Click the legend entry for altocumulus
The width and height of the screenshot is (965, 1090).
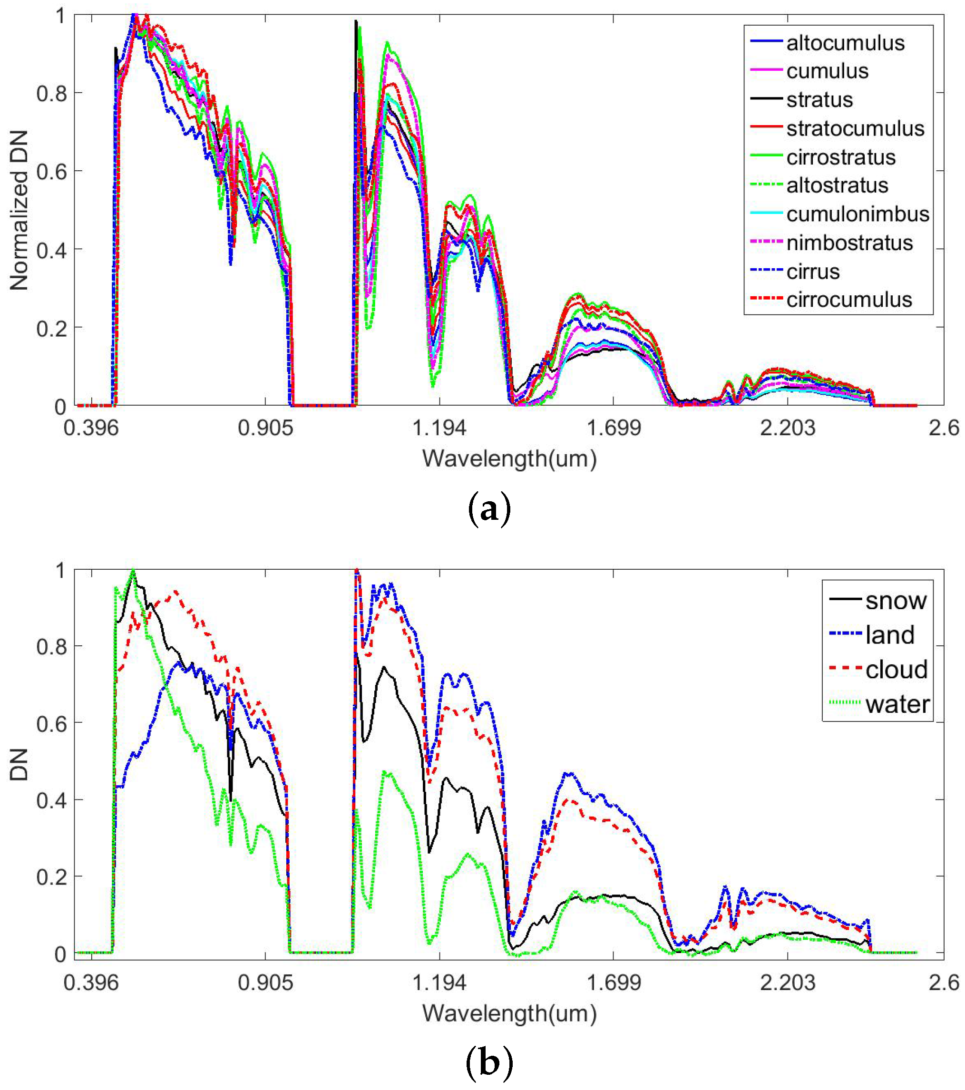[845, 43]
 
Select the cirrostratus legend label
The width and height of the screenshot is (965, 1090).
[841, 157]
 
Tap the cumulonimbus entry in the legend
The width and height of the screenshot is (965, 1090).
[857, 214]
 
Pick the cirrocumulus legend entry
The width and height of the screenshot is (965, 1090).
[848, 300]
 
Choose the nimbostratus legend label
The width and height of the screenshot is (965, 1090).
[849, 243]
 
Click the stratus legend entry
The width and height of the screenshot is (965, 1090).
[819, 100]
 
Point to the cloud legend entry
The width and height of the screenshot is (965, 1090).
[896, 669]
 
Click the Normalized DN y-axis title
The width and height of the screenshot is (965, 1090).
[19, 210]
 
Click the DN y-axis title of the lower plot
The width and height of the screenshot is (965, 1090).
[19, 765]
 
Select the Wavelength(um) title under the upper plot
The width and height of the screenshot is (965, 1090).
[509, 458]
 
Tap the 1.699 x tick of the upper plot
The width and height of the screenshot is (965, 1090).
[614, 428]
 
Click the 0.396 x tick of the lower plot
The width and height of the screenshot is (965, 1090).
[91, 982]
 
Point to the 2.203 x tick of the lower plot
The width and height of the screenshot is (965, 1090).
[788, 982]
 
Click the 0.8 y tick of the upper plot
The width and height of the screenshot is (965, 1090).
[52, 93]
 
